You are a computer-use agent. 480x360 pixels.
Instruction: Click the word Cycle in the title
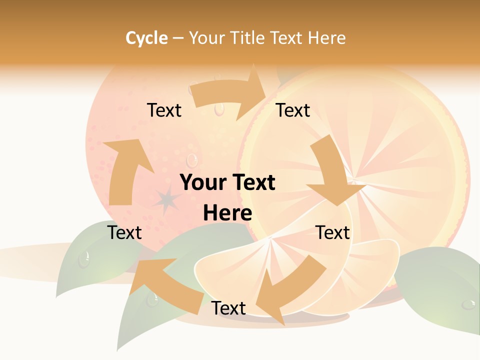(146, 38)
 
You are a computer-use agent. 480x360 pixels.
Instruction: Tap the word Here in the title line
(327, 38)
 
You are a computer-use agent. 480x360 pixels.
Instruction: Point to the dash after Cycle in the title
(178, 38)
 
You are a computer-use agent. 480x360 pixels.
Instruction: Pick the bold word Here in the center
(227, 213)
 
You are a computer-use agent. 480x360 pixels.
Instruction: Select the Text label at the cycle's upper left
(164, 110)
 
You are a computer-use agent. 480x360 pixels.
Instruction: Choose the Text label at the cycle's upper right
(293, 110)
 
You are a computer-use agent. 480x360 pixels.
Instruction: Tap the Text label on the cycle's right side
(332, 232)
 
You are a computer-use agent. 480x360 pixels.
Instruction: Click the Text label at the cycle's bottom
(228, 308)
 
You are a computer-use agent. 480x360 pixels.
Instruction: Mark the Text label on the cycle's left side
(124, 232)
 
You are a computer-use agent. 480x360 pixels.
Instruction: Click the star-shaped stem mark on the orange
(167, 199)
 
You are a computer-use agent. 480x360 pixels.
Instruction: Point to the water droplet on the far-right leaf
(468, 303)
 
